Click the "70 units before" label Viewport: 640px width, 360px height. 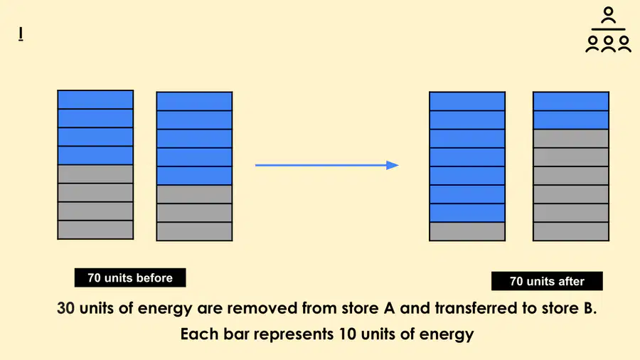130,277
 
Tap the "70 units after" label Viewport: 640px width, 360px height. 547,281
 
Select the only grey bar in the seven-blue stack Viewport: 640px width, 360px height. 467,231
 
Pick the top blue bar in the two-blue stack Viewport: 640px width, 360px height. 570,101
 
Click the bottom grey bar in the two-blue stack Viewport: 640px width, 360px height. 570,231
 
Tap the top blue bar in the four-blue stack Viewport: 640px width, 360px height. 95,100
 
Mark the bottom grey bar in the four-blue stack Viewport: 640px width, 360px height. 95,230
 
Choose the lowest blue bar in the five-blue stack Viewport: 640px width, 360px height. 194,176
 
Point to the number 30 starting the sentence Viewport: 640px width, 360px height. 65,308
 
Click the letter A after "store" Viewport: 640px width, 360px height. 390,308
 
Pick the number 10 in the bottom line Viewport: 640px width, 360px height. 348,334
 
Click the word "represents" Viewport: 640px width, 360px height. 294,334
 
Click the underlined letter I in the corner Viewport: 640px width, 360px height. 21,34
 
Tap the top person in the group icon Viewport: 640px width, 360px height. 608,16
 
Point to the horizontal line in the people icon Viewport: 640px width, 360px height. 608,29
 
